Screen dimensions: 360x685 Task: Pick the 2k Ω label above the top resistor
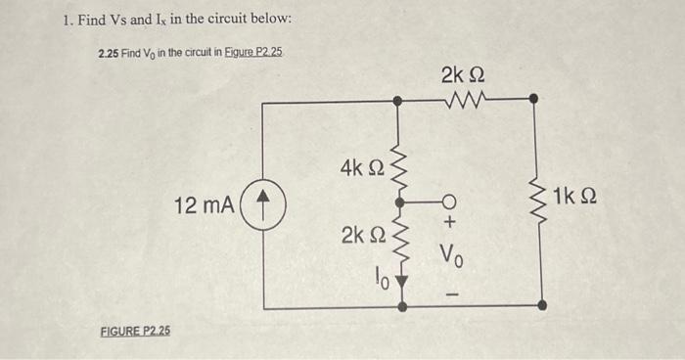point(462,74)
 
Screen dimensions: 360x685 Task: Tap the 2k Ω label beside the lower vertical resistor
point(361,235)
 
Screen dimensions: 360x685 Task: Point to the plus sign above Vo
point(451,224)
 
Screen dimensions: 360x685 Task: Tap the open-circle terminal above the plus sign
point(451,203)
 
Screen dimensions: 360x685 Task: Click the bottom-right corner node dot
point(542,305)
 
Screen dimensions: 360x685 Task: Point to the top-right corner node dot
point(533,98)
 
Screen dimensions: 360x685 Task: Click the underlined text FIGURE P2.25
point(135,331)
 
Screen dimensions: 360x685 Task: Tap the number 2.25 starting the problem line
point(108,51)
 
